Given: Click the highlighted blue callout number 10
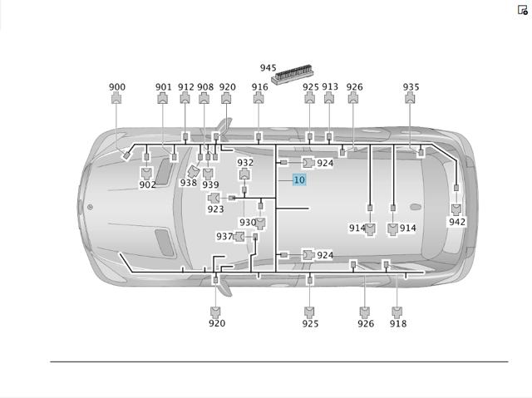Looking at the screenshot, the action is coord(299,179).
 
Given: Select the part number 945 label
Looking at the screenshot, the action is coord(268,68).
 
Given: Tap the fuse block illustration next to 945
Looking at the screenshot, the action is coord(292,74).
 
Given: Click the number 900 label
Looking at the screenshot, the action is coord(117,87).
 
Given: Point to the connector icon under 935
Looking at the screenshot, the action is coord(410,98).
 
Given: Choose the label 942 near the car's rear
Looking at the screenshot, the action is coord(457,222).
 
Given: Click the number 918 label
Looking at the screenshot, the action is coord(398,324).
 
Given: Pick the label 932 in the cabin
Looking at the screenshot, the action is coord(245,163).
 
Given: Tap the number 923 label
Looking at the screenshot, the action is coord(215,209).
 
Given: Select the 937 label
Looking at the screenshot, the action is coord(224,236).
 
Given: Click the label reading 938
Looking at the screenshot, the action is coord(189,183).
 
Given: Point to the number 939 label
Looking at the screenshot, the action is coord(210,184).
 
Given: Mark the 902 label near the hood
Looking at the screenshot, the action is coord(148,184).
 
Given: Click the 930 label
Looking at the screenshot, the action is coord(248,223).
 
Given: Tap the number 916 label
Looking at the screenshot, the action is coord(259,87).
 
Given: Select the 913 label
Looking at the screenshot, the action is coord(330,87).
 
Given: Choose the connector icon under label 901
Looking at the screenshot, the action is coord(163,98).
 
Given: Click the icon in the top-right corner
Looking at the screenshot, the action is coord(523,10).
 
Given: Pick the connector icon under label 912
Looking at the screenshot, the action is coord(185,98).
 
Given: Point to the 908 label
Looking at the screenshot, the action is coord(205,87).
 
